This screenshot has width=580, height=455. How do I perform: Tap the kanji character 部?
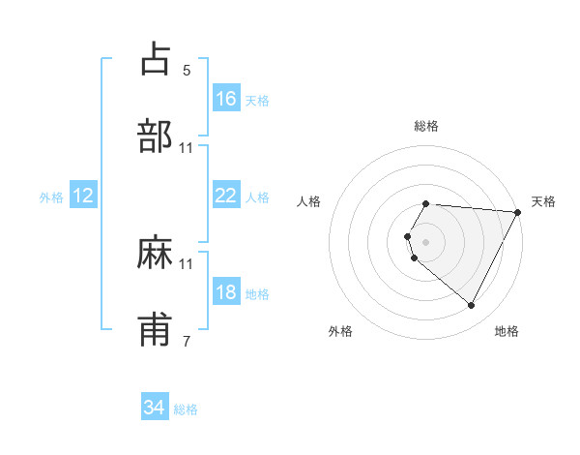(157, 136)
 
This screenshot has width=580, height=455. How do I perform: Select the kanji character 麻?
(157, 253)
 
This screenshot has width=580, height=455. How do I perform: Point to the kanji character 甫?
(157, 330)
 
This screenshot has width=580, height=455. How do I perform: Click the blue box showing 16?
(226, 98)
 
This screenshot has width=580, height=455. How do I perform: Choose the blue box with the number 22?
(226, 195)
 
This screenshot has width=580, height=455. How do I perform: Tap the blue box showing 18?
(226, 291)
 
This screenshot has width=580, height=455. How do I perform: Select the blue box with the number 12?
(83, 196)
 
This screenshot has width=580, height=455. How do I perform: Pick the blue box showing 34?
(154, 408)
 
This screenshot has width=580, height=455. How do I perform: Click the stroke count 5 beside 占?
(187, 71)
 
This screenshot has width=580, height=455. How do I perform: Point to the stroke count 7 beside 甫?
(187, 342)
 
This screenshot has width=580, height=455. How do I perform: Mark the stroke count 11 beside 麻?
(187, 263)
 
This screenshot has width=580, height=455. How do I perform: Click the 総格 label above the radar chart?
(426, 126)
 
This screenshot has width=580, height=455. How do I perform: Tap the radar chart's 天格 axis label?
(544, 201)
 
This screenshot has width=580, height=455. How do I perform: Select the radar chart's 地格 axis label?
(507, 331)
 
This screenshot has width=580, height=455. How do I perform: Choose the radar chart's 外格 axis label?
(340, 331)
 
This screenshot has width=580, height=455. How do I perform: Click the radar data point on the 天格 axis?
(518, 211)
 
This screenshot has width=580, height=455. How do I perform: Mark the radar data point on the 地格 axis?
(472, 306)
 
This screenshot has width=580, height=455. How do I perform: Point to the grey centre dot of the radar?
(426, 241)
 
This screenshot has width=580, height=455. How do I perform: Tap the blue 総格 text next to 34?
(186, 409)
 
